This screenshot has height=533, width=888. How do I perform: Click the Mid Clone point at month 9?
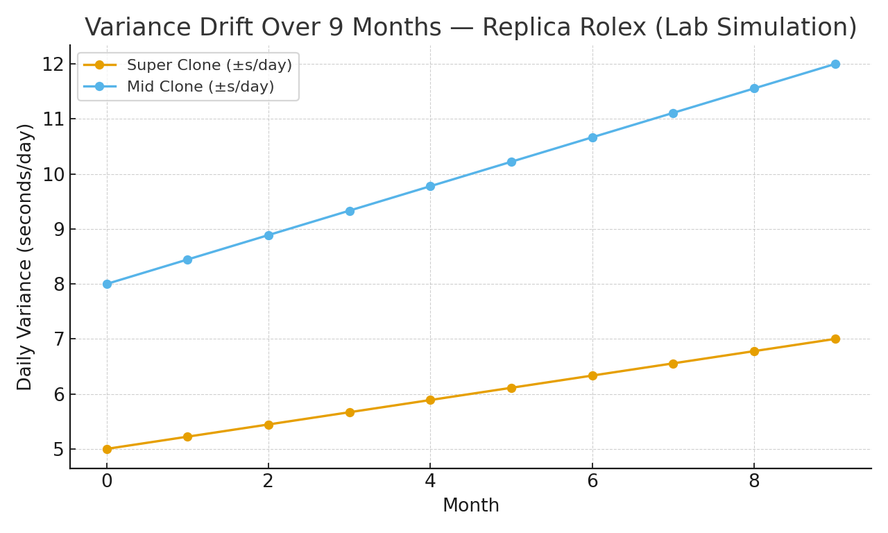835,64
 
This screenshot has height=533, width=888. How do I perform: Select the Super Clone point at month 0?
107,449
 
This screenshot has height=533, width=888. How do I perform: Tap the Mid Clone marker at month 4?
430,186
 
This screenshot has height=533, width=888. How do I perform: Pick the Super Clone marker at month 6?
592,375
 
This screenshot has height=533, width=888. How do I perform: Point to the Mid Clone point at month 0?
107,284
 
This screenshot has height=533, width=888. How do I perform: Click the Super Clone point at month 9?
835,339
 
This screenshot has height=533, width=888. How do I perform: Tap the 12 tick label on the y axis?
53,65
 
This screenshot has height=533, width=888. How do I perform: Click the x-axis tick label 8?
754,482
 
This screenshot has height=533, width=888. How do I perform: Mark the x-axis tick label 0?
107,482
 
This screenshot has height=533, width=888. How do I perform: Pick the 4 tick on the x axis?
430,482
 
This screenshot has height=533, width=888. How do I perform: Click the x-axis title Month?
470,506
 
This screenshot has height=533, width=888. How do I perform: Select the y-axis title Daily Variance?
26,257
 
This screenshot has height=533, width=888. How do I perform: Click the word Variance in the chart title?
139,28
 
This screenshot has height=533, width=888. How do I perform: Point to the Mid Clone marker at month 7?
673,113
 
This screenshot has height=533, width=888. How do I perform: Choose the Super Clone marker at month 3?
350,412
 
